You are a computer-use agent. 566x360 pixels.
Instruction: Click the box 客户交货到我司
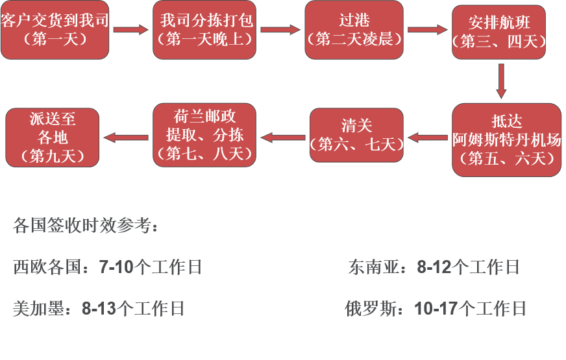pos(55,30)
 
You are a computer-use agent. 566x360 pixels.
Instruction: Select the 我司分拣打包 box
pos(206,30)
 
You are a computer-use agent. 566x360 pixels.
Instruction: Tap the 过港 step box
pos(354,30)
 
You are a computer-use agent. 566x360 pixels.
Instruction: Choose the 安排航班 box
pos(499,32)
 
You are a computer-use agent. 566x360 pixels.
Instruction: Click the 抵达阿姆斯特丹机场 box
pos(506,139)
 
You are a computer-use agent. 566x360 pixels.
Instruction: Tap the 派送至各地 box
pos(53,138)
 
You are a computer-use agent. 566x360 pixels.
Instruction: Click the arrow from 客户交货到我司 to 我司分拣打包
pos(131,29)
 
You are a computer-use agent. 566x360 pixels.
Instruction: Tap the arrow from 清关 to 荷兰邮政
pos(283,137)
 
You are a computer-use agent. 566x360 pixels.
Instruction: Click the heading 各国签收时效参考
pos(84,226)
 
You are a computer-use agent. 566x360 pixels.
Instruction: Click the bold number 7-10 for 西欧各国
pos(116,267)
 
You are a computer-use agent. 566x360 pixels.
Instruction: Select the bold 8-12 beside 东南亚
pos(434,267)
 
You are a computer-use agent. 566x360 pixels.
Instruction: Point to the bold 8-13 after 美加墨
pos(99,309)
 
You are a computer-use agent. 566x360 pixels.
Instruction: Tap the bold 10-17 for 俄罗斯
pos(436,309)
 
